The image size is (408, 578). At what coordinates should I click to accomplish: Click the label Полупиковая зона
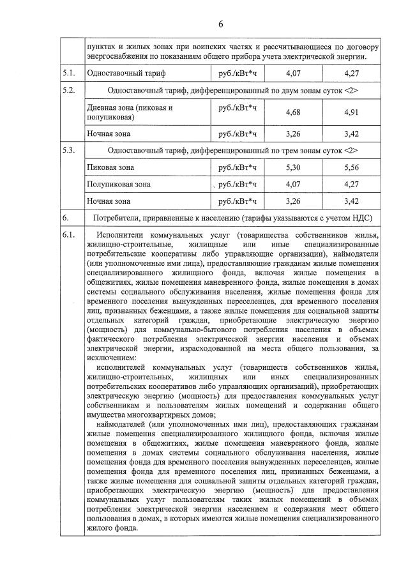[x=119, y=185]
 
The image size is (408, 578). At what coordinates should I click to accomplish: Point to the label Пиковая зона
[x=110, y=168]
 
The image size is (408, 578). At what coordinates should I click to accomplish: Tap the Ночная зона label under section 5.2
[x=109, y=134]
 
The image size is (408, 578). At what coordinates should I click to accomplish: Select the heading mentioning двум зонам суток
[x=232, y=91]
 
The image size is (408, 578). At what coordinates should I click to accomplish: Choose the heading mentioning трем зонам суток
[x=232, y=151]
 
